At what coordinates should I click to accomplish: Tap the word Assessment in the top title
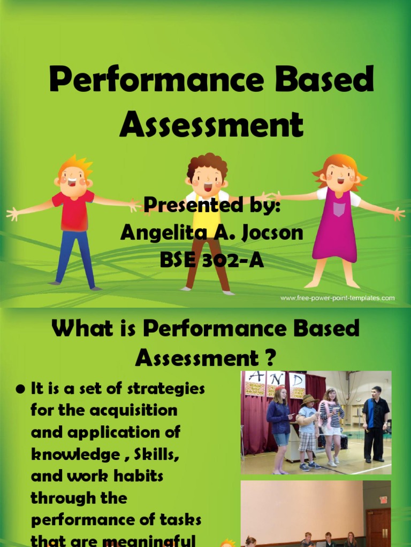click(211, 126)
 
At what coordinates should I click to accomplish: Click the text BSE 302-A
click(212, 260)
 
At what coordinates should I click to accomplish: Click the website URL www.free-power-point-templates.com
click(337, 298)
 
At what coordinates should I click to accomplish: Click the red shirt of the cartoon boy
click(74, 211)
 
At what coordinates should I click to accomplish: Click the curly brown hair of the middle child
click(207, 163)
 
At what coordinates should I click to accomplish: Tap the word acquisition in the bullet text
click(127, 410)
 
